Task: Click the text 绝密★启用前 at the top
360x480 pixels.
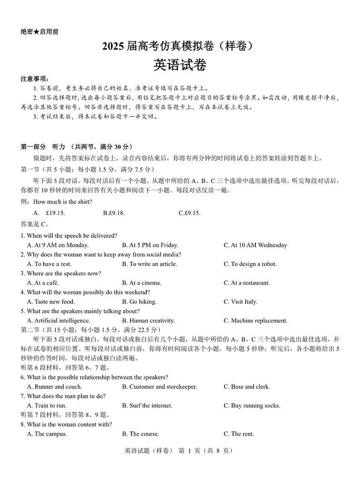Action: [39, 32]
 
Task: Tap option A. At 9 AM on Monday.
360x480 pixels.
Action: [58, 245]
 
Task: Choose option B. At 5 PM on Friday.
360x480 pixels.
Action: [150, 245]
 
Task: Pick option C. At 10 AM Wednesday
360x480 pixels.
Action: [255, 245]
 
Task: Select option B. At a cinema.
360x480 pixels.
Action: [141, 283]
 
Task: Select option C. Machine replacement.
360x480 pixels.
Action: [255, 321]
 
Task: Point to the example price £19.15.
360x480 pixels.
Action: [55, 213]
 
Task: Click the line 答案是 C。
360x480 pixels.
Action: [35, 224]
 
